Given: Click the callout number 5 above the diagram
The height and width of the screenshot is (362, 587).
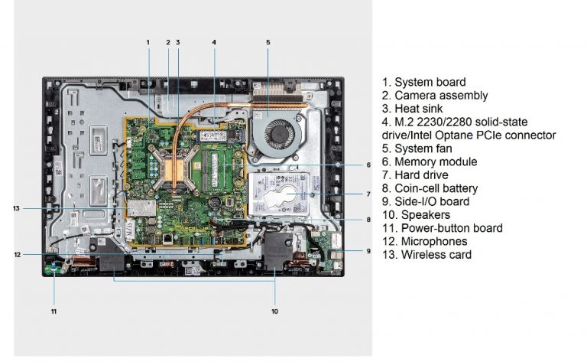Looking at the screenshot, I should (x=268, y=42).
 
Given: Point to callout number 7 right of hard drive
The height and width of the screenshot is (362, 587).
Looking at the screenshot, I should (x=368, y=194).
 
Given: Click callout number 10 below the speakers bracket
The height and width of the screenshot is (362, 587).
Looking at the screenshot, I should (x=275, y=311).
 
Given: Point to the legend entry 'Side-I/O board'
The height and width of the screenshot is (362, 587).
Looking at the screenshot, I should (x=431, y=201).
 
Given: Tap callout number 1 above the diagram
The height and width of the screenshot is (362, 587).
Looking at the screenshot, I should (x=148, y=42).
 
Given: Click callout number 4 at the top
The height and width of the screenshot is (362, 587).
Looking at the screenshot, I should (x=214, y=42).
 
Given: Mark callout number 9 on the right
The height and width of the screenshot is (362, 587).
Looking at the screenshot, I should (x=368, y=251).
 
